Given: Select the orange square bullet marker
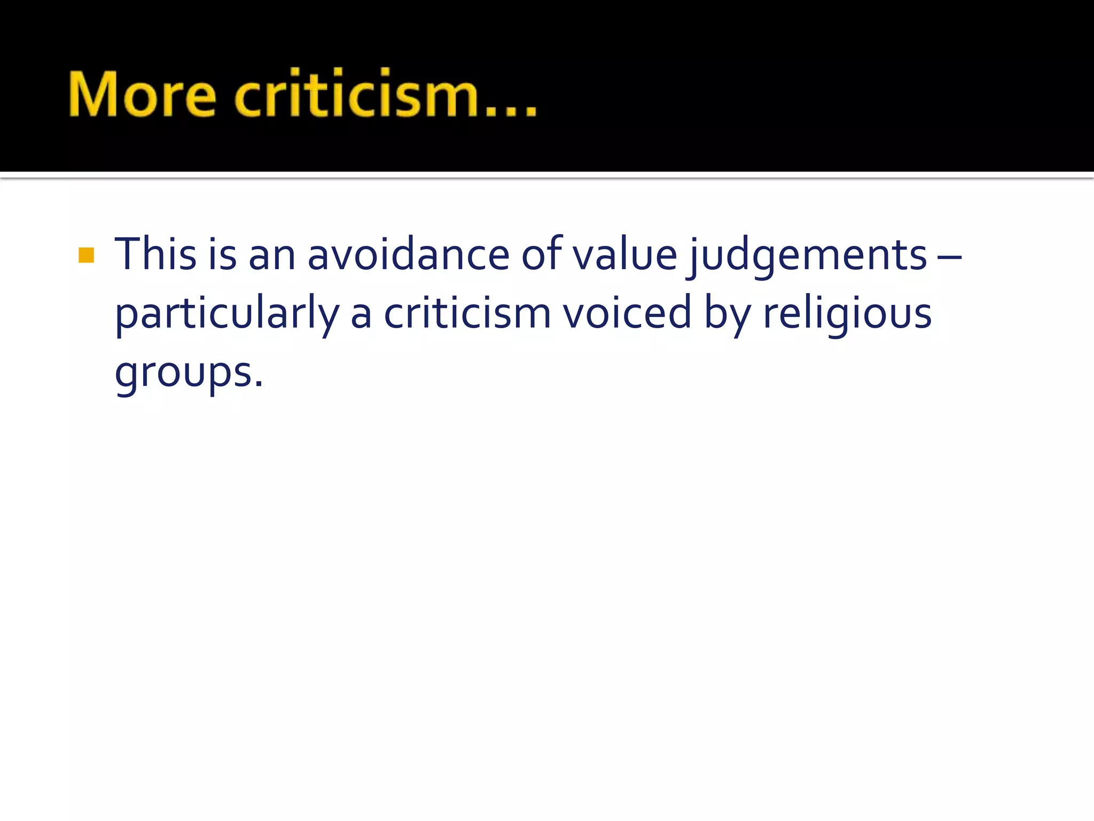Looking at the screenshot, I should [86, 255].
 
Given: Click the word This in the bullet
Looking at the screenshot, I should [155, 254].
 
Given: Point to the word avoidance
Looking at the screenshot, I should [408, 254].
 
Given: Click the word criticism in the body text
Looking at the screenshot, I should [467, 313].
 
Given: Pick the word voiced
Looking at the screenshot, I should [627, 313].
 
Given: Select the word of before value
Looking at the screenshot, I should [542, 253].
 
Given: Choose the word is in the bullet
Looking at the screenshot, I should [222, 254].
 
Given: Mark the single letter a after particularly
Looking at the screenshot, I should [361, 315].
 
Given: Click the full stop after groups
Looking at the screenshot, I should [259, 384].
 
